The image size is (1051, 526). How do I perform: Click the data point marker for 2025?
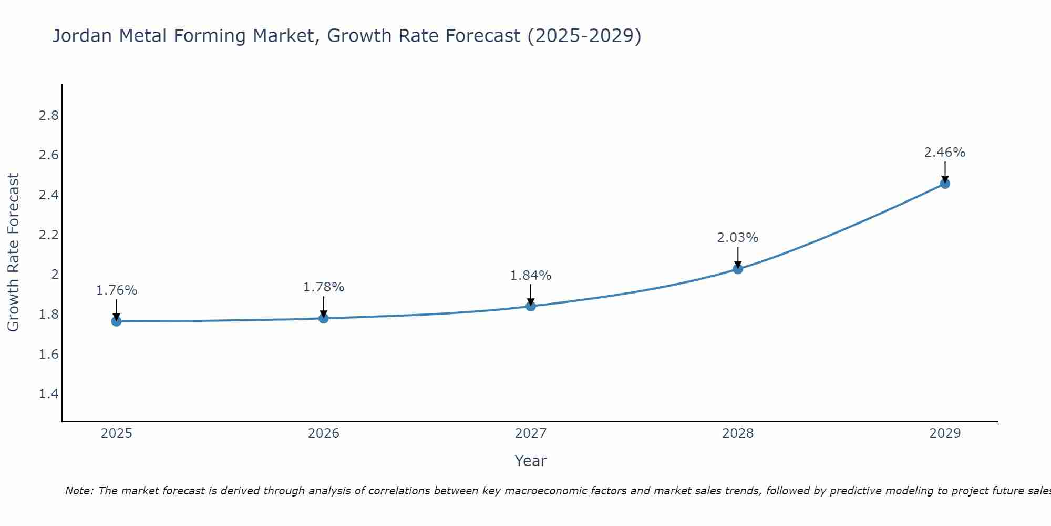click(116, 321)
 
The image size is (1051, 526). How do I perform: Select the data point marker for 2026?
click(323, 318)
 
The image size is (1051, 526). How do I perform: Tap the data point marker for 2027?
click(531, 306)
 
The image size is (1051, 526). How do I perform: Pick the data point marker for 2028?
click(738, 269)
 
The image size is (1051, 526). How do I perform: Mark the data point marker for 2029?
click(945, 184)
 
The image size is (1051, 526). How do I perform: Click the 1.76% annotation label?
click(116, 290)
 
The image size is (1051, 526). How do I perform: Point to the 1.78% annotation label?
click(323, 287)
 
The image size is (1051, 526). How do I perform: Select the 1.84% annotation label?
click(531, 275)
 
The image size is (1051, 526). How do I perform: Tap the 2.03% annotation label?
click(738, 238)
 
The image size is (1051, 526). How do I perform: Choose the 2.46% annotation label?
click(945, 153)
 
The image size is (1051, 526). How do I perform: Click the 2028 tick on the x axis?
click(738, 433)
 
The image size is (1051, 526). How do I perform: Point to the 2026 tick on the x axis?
click(323, 433)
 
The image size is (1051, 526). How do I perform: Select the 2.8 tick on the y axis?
click(48, 116)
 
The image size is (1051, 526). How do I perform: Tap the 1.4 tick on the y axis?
click(48, 394)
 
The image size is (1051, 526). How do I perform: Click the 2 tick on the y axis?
click(55, 275)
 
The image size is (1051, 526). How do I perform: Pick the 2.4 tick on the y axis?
click(48, 195)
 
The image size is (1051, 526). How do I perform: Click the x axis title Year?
click(530, 461)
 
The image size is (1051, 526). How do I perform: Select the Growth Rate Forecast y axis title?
click(13, 252)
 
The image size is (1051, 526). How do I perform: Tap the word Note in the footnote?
click(79, 491)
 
